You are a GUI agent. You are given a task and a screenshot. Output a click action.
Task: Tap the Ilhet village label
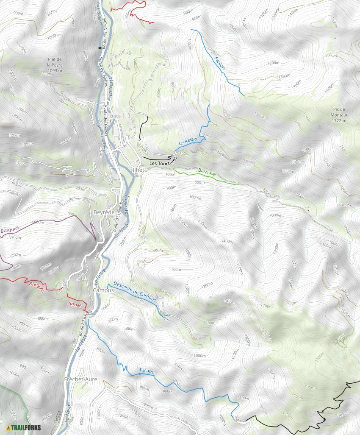138,170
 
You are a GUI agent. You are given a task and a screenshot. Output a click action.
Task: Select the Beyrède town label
103,212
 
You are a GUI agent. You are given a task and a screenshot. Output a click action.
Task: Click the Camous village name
103,290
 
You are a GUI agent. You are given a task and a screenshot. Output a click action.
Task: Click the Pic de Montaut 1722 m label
339,115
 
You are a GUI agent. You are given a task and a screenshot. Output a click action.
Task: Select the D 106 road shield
115,116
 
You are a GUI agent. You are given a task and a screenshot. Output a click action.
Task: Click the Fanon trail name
219,63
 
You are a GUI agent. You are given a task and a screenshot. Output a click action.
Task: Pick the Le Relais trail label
188,140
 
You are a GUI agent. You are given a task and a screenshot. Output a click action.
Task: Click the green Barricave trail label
207,172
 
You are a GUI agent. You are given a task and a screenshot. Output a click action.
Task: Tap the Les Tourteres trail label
163,161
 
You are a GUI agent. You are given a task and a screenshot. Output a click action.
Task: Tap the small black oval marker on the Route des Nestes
100,48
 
